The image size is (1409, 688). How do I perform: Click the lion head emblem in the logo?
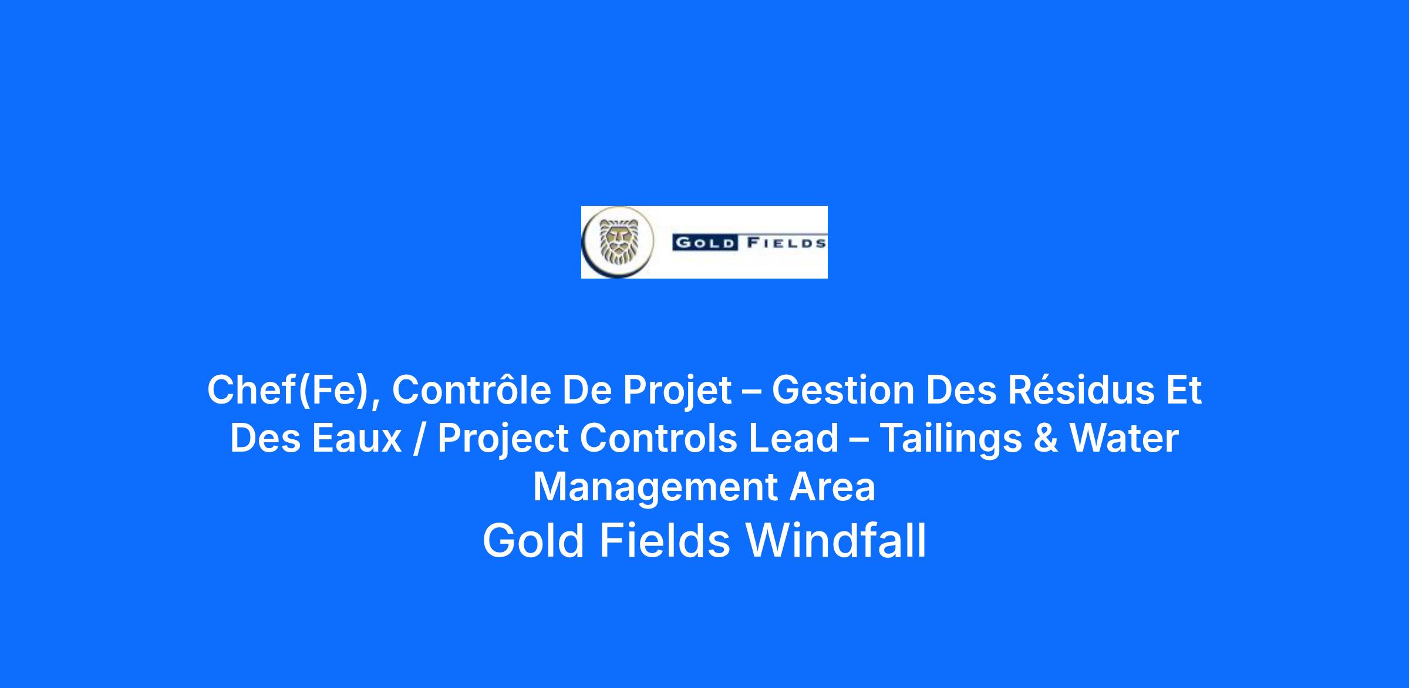618,242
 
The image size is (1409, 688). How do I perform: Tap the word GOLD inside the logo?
705,243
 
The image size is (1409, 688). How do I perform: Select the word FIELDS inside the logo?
786,243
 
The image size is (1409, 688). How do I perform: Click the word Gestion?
843,389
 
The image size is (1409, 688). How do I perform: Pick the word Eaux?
357,438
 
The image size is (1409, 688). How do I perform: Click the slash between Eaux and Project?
419,439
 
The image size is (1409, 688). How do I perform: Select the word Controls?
658,438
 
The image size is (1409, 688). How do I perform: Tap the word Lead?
793,438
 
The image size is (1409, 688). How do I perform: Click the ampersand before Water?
1046,438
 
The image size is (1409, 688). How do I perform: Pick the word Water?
1124,438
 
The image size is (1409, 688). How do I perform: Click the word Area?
832,487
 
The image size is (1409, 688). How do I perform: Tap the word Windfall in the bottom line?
836,540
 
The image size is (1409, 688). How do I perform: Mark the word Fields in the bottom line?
665,540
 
